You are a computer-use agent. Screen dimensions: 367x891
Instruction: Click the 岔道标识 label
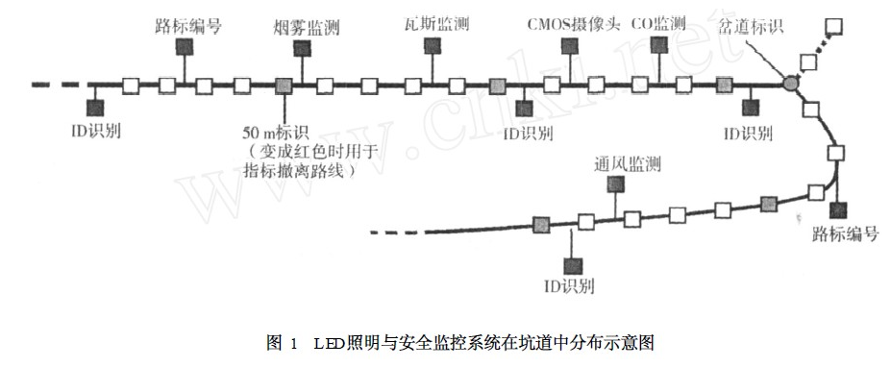[x=750, y=26]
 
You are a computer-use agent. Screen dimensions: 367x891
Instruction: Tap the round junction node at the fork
[x=790, y=85]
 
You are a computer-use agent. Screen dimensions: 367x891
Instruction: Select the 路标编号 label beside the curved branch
[x=846, y=234]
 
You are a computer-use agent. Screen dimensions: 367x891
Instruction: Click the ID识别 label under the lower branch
[x=570, y=286]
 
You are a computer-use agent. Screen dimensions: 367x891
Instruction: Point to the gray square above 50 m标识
[x=284, y=86]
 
